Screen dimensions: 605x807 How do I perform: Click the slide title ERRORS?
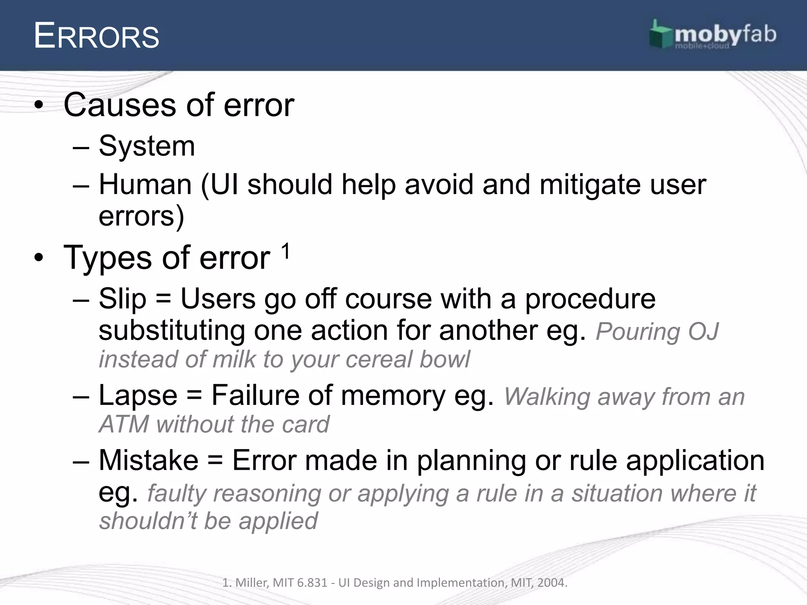click(97, 36)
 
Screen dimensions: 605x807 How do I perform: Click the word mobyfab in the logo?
click(725, 35)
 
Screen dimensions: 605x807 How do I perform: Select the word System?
click(147, 146)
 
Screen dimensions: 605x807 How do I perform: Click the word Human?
click(145, 184)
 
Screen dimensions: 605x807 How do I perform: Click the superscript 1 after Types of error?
click(286, 251)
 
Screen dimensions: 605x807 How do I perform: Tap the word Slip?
click(122, 299)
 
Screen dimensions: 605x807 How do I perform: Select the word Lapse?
click(138, 395)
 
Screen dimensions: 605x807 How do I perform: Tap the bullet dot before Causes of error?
click(38, 105)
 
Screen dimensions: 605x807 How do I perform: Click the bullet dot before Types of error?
click(38, 258)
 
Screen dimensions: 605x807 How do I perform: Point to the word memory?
click(393, 395)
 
